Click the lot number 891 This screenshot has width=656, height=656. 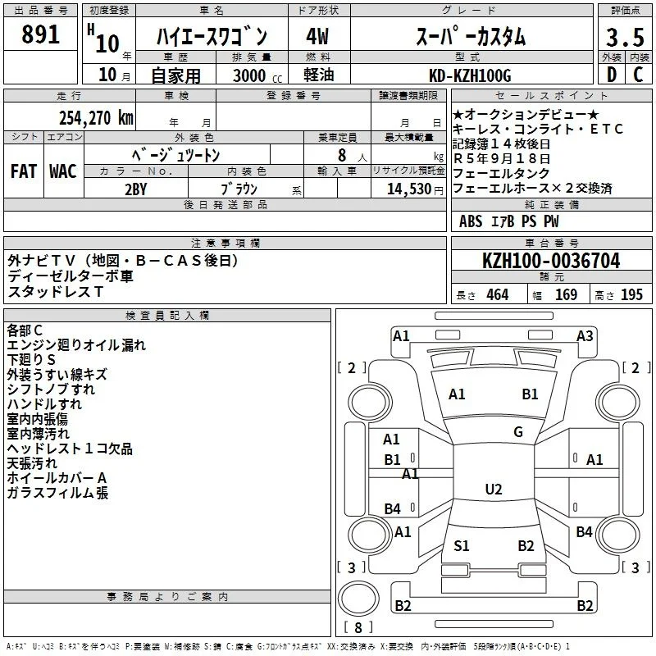(x=40, y=34)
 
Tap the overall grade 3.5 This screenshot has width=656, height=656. (x=625, y=37)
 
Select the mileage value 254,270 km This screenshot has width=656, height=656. (x=96, y=117)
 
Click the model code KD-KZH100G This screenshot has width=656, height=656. (x=470, y=75)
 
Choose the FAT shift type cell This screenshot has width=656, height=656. (x=24, y=171)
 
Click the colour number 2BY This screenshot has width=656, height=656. (x=136, y=189)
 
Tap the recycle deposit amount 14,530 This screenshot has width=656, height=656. (x=408, y=189)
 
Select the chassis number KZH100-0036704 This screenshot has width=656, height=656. (x=551, y=260)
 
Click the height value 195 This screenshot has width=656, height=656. (x=631, y=294)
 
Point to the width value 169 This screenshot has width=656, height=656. (x=566, y=294)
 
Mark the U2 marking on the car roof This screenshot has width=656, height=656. (x=494, y=489)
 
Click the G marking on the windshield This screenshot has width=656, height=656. (x=518, y=431)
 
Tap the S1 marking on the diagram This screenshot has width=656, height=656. (x=461, y=545)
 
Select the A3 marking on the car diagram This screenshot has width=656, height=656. (x=585, y=335)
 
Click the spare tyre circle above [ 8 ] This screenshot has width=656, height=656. (x=358, y=599)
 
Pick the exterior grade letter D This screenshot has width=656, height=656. (x=612, y=75)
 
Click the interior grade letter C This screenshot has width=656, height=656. (x=638, y=75)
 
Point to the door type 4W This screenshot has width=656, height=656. (x=317, y=36)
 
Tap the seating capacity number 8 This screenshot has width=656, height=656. (x=342, y=155)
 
